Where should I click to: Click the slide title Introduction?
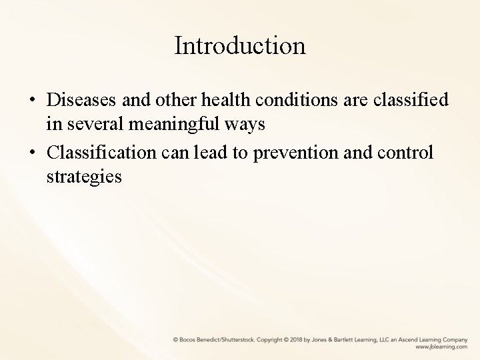pyautogui.click(x=240, y=46)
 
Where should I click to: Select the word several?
pyautogui.click(x=93, y=124)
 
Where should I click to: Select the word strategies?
pyautogui.click(x=84, y=178)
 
